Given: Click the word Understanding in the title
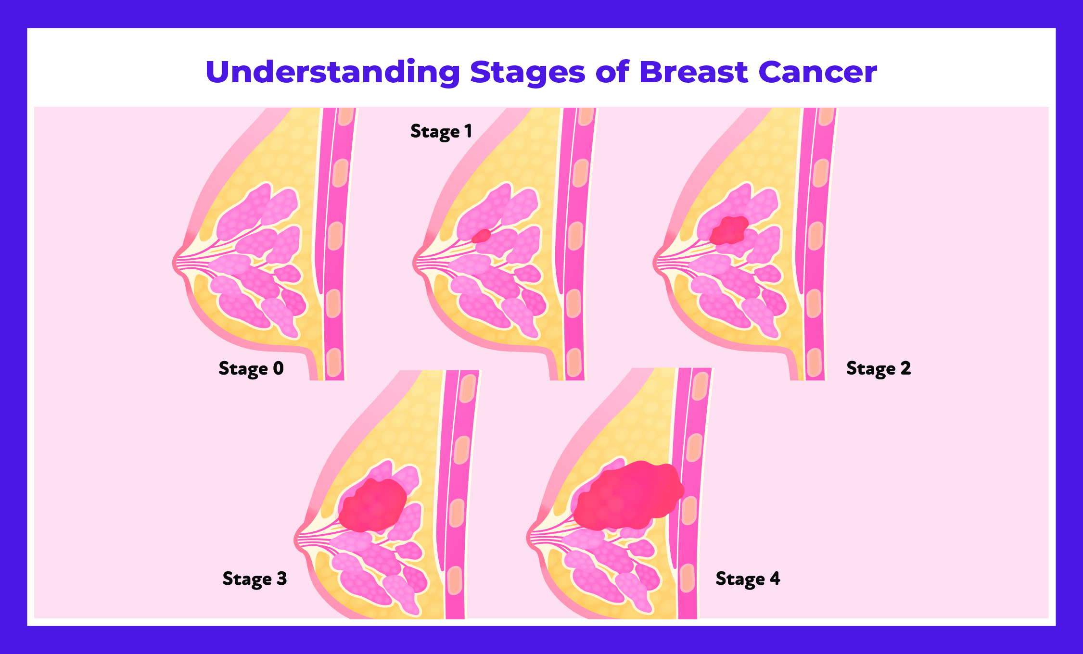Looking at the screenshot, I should tap(332, 72).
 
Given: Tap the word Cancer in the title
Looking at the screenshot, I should tap(817, 72).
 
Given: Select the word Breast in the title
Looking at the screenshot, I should tap(694, 72).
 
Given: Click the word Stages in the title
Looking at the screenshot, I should tap(527, 72).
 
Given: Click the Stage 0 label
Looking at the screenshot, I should tap(251, 368).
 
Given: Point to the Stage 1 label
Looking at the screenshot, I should tap(441, 131).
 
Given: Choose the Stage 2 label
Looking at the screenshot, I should tap(879, 368).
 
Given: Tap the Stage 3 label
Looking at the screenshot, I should tap(255, 579).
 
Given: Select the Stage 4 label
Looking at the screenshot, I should tap(748, 579).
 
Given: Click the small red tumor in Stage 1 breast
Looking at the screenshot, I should tap(481, 236).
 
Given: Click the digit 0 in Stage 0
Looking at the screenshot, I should tap(278, 368).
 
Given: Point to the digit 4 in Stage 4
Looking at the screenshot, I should tap(775, 578).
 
